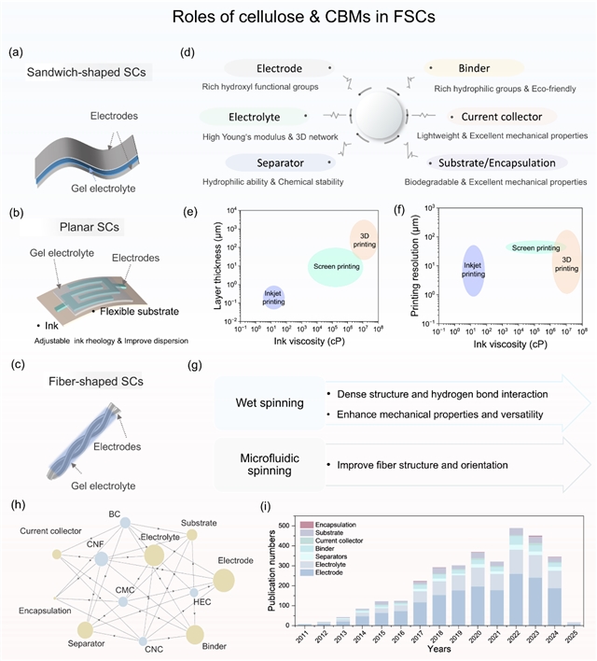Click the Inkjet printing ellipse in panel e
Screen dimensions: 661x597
[x=273, y=298]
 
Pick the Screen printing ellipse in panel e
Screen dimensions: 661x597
[x=335, y=267]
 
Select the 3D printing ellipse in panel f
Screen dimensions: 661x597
[x=566, y=262]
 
